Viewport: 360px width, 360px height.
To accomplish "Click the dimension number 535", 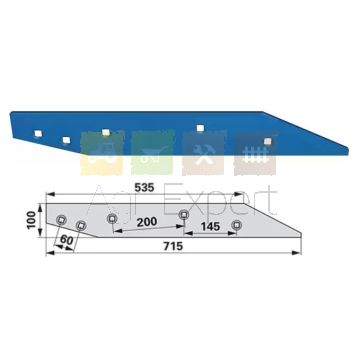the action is click(x=144, y=188).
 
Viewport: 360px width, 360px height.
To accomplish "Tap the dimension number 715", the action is click(x=173, y=246).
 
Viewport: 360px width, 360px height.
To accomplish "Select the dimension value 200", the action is click(x=147, y=222).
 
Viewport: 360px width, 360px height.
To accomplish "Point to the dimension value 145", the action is click(x=210, y=227).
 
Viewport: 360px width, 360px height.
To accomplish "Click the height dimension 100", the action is click(x=32, y=220).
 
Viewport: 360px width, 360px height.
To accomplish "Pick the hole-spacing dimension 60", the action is click(x=66, y=240).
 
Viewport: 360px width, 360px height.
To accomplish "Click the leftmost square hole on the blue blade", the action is click(x=38, y=134).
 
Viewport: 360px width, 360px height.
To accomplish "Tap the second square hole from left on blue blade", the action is click(x=66, y=140).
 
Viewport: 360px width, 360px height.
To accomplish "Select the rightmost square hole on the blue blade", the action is click(x=267, y=141).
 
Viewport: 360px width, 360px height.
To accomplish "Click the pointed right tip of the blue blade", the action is click(x=348, y=148).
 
